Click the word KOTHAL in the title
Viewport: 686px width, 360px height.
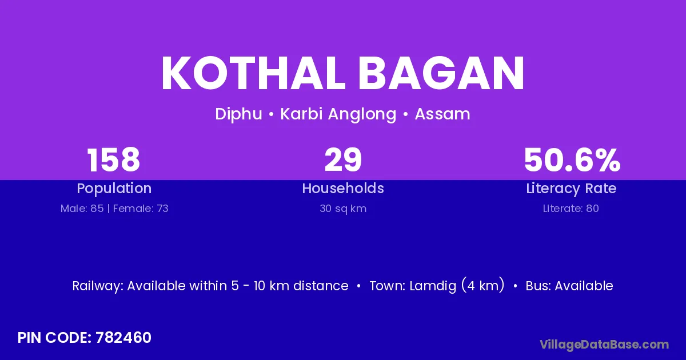pos(253,73)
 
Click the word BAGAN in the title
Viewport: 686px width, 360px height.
pos(441,73)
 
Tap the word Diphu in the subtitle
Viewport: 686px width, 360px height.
pos(238,114)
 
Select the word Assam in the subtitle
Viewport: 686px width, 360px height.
pos(442,114)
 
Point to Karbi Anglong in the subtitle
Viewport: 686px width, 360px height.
pos(338,114)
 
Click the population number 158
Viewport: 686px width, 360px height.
pos(114,160)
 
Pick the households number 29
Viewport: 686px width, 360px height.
pos(343,160)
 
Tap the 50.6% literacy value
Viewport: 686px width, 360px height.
pos(572,160)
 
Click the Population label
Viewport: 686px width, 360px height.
pos(114,189)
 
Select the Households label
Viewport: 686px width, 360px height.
pos(343,188)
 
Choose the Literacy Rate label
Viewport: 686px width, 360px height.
pos(571,189)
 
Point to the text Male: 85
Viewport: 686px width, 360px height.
pos(82,209)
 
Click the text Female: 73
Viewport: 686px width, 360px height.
pos(141,209)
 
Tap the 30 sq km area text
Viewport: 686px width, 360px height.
pos(343,209)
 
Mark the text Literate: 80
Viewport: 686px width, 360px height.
pos(571,209)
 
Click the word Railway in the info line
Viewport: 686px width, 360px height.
pos(98,286)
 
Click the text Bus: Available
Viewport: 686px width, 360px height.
pos(569,286)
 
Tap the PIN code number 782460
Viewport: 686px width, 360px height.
pos(123,338)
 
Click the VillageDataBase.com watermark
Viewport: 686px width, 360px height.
pos(604,345)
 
